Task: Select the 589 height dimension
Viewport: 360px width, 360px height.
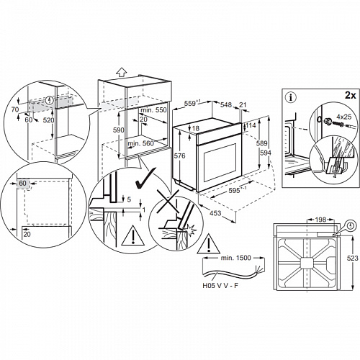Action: pos(263,143)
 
